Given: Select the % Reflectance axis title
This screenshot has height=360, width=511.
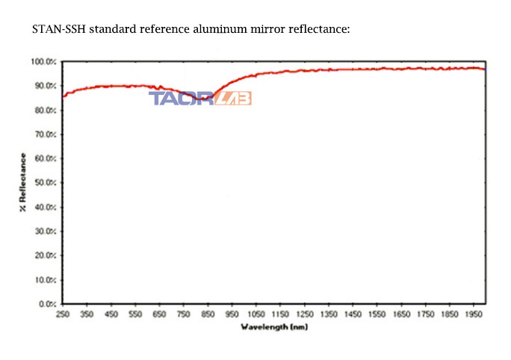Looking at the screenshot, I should pos(23,182).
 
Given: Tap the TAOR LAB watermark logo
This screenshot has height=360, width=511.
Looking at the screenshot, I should pos(200,99).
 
